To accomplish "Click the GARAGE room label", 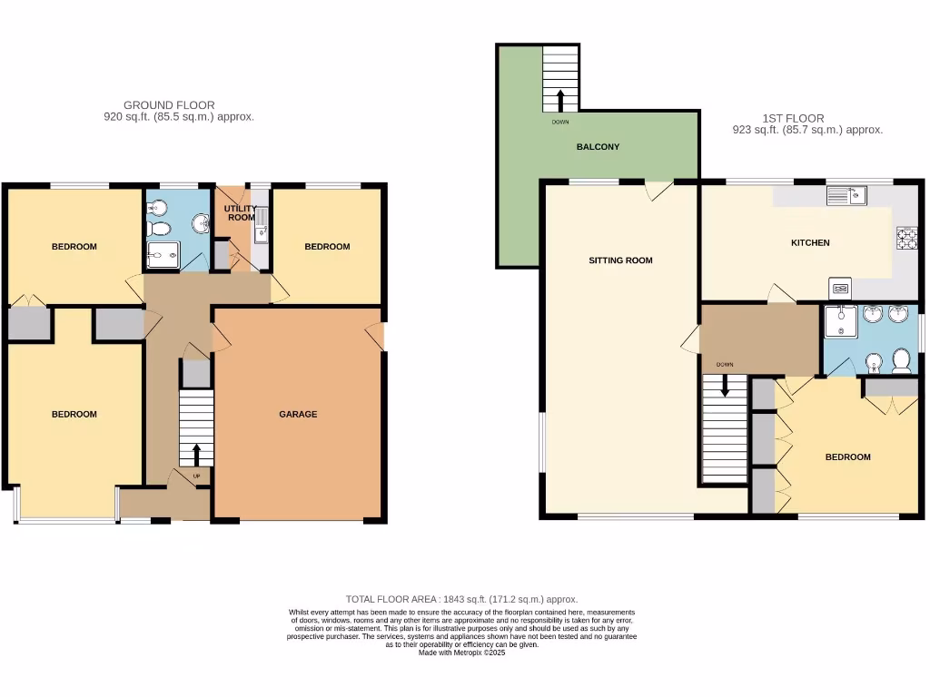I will (x=298, y=415).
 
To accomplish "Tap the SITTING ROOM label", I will (x=620, y=261).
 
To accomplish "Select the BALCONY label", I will (x=598, y=147).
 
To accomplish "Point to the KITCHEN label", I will (x=810, y=243).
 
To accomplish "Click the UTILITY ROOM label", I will (x=241, y=213).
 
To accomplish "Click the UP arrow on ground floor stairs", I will (x=197, y=452).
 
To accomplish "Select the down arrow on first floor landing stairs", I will (x=725, y=385).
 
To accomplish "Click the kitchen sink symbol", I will (x=846, y=194).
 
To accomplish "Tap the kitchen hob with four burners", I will (x=906, y=238).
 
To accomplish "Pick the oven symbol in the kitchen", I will (x=840, y=289).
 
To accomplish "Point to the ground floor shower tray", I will (x=163, y=257).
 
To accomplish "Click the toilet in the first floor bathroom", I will (x=902, y=361).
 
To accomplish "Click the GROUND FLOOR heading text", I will (x=169, y=105).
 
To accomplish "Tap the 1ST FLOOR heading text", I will (x=792, y=118).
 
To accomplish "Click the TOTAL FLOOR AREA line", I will (x=461, y=599).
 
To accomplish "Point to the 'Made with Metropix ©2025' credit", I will (x=461, y=652).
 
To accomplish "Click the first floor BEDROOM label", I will (x=847, y=457).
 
